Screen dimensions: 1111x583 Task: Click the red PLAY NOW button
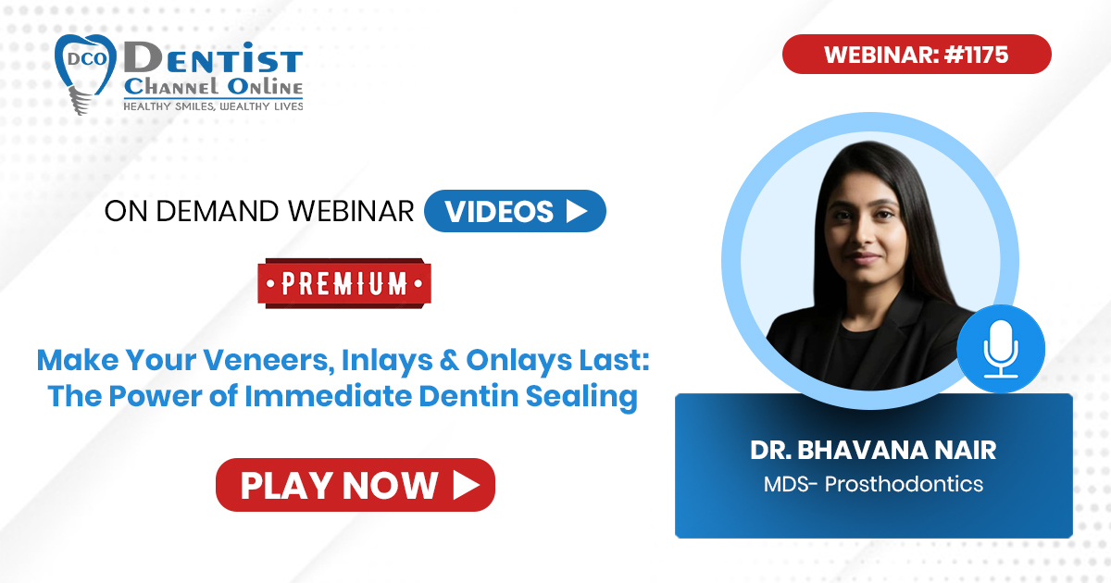[x=356, y=485]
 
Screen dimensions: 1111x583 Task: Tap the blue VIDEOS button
[x=515, y=211]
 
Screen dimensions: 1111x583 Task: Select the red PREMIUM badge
[x=344, y=283]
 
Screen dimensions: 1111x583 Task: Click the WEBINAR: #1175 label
[x=917, y=54]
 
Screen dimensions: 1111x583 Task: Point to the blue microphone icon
[x=1001, y=349]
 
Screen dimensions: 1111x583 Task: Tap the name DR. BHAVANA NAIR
[x=873, y=450]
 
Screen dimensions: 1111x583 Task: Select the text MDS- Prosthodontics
[x=873, y=484]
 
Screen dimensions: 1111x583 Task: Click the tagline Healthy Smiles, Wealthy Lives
[x=213, y=106]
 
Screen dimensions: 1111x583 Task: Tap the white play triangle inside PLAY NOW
[x=467, y=485]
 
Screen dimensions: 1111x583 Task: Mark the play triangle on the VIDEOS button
[x=577, y=211]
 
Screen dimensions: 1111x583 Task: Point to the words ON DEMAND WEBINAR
[x=259, y=211]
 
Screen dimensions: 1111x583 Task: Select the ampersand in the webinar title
[x=449, y=360]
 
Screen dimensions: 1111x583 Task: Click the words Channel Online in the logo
[x=213, y=87]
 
